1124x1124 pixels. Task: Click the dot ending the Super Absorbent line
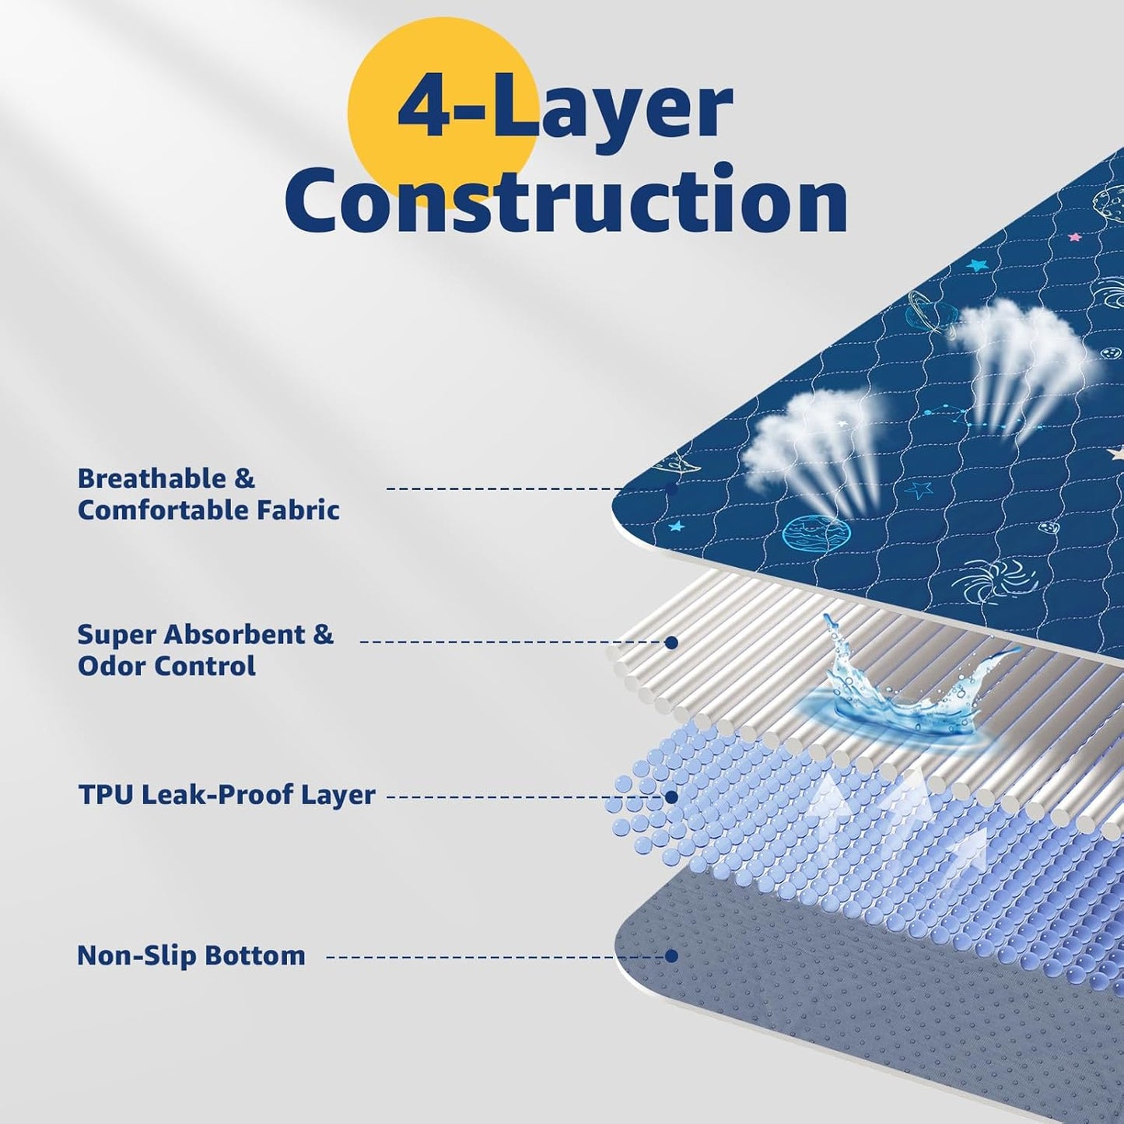click(672, 643)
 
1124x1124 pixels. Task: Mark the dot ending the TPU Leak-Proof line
click(672, 797)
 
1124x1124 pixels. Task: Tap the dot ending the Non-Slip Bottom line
click(672, 956)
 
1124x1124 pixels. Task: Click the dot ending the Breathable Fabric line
click(672, 488)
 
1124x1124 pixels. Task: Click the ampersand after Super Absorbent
click(323, 635)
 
